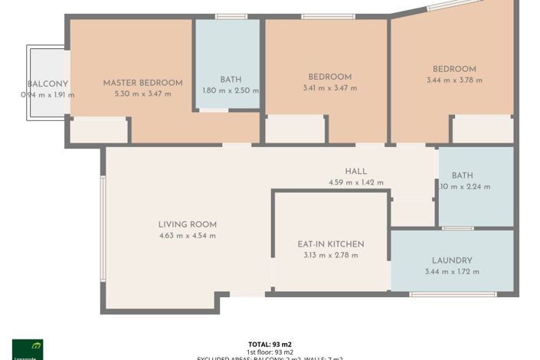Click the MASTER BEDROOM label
click(x=142, y=83)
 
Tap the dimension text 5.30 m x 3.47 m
click(x=142, y=93)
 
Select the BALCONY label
click(x=47, y=84)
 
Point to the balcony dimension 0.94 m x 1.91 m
click(x=47, y=95)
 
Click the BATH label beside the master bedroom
click(x=231, y=79)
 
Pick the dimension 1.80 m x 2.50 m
click(x=231, y=90)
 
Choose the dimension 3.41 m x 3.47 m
click(x=329, y=88)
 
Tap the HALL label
click(x=356, y=172)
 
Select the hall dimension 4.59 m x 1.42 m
click(x=356, y=182)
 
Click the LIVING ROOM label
click(x=187, y=224)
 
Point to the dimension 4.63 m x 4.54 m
click(x=187, y=235)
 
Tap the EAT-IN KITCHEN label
click(x=331, y=244)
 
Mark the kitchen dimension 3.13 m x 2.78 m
click(x=331, y=255)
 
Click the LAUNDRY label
click(x=452, y=260)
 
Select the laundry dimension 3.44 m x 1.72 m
click(x=452, y=271)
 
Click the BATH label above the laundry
click(x=462, y=175)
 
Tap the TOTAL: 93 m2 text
click(x=270, y=344)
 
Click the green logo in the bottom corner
click(x=28, y=349)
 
